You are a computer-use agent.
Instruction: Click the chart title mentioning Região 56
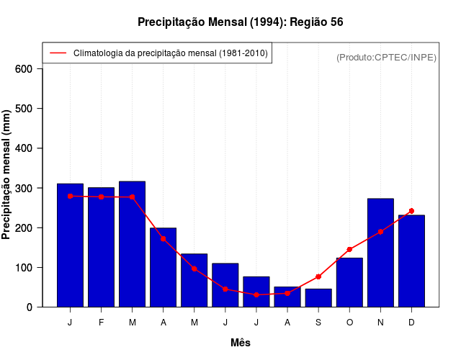[240, 22]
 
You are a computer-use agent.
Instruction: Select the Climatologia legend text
[170, 53]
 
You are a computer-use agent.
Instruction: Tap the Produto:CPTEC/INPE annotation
[386, 57]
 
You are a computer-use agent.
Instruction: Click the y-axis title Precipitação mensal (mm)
[7, 174]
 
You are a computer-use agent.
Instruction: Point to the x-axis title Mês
[241, 343]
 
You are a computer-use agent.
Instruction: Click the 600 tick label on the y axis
[24, 69]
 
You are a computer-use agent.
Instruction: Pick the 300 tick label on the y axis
[24, 188]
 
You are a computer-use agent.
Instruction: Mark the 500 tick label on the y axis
[24, 109]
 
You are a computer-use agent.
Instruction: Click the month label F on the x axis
[102, 323]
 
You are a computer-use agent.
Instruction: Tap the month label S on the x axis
[318, 323]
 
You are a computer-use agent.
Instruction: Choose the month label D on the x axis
[411, 323]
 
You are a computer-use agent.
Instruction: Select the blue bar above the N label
[380, 253]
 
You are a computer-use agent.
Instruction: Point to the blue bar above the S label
[318, 297]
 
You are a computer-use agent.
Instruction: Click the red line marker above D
[411, 211]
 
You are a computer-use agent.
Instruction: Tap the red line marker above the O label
[349, 249]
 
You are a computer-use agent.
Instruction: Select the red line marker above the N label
[380, 232]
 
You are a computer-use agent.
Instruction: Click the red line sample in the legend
[58, 53]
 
